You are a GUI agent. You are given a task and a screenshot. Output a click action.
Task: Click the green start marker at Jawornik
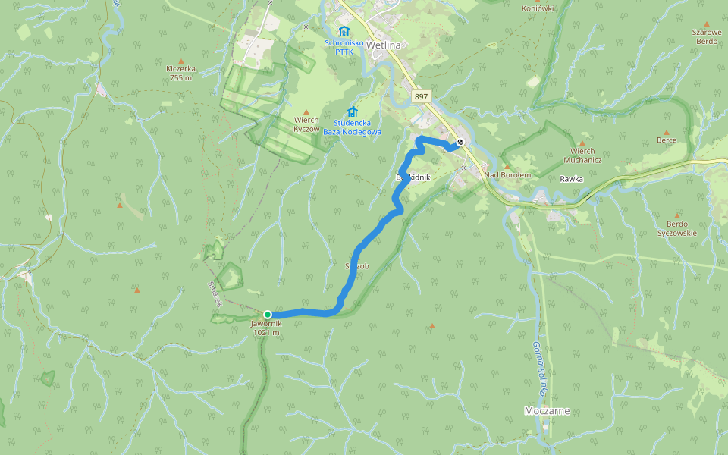pyautogui.click(x=268, y=314)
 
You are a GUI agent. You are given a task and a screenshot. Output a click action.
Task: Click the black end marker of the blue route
pyautogui.click(x=460, y=142)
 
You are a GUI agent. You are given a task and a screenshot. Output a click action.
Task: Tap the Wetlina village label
pyautogui.click(x=383, y=45)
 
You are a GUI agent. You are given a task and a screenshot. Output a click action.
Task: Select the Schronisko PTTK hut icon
pyautogui.click(x=344, y=31)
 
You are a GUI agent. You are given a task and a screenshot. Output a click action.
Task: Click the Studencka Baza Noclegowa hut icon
pyautogui.click(x=352, y=112)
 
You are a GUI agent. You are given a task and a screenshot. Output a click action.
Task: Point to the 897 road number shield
pyautogui.click(x=422, y=97)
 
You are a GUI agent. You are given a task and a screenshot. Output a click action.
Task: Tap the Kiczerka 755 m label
pyautogui.click(x=181, y=73)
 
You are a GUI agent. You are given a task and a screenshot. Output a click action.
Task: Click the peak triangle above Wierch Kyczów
pyautogui.click(x=306, y=111)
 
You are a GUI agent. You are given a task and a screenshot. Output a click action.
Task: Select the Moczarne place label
pyautogui.click(x=547, y=411)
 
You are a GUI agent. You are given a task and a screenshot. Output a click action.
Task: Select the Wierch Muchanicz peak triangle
pyautogui.click(x=582, y=143)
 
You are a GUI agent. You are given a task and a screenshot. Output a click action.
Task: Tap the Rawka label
pyautogui.click(x=571, y=179)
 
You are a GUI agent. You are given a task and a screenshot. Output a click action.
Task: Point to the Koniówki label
pyautogui.click(x=538, y=8)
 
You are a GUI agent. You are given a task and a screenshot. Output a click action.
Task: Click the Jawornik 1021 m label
pyautogui.click(x=265, y=328)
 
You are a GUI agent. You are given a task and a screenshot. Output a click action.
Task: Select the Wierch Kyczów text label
pyautogui.click(x=306, y=124)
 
